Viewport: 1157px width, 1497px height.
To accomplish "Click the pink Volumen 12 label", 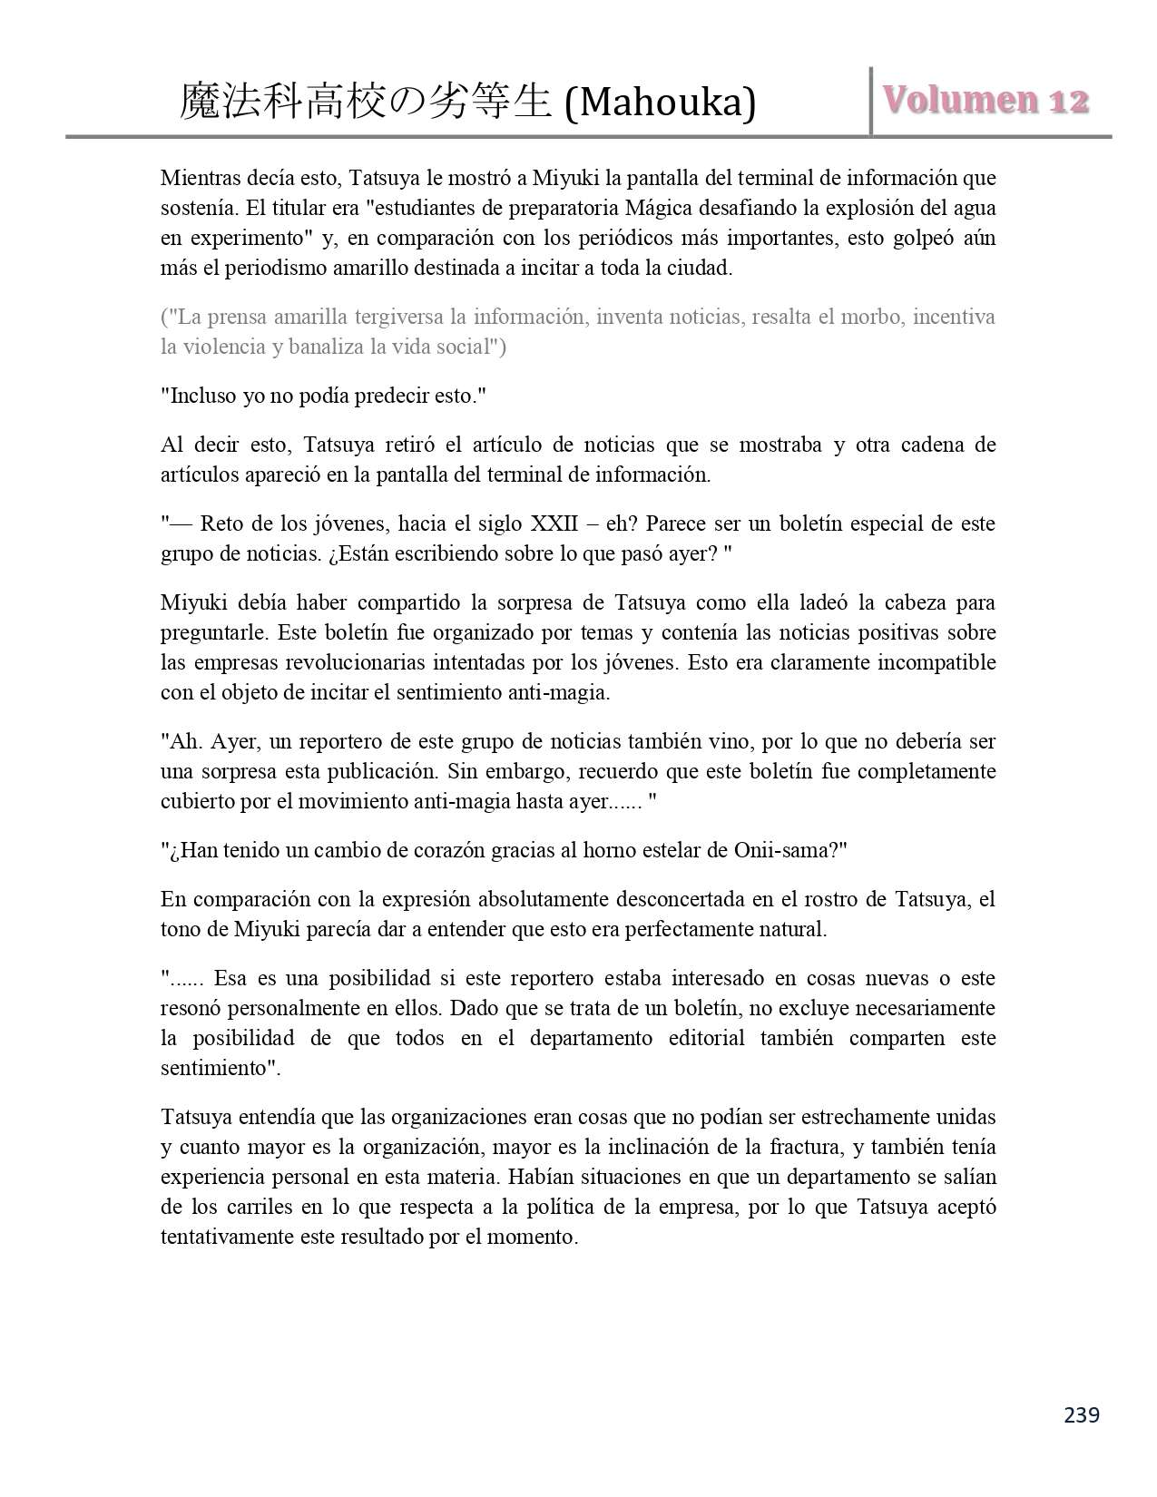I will [x=985, y=100].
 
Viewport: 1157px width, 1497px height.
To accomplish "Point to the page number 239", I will [x=1081, y=1414].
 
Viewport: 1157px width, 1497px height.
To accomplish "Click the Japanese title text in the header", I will [x=366, y=102].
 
